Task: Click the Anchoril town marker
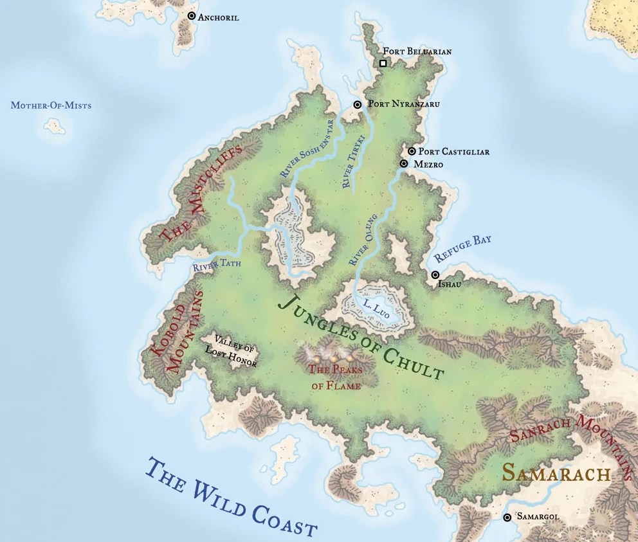click(191, 15)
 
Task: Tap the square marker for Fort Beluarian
click(383, 63)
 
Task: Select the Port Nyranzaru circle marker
click(358, 104)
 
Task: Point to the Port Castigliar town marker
click(412, 151)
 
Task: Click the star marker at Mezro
click(404, 164)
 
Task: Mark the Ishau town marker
click(435, 275)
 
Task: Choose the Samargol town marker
click(507, 517)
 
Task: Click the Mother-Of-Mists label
click(51, 105)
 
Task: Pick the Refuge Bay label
click(462, 248)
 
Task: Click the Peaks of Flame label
click(334, 377)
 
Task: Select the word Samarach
click(556, 474)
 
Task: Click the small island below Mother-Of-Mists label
click(54, 127)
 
